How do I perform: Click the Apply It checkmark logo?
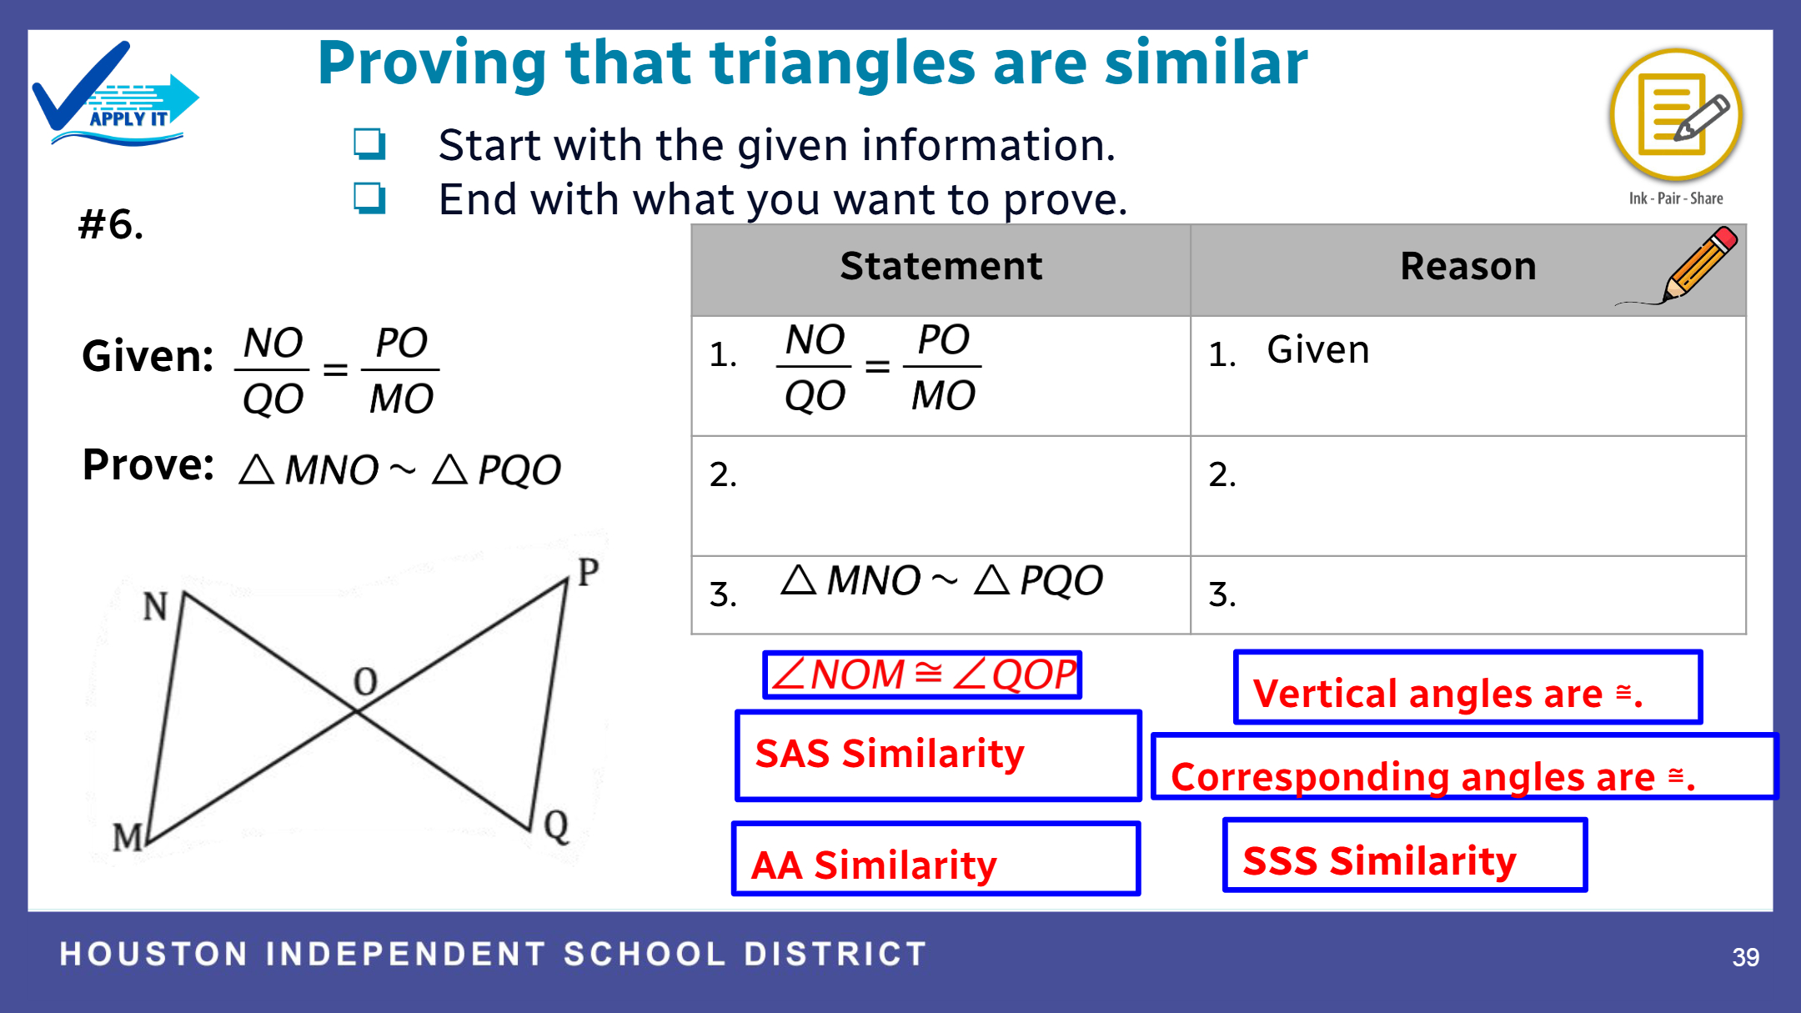pos(115,94)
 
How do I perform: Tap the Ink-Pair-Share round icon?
pos(1676,115)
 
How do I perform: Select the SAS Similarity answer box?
pos(938,755)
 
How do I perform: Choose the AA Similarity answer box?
pos(936,859)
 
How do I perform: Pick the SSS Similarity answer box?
pos(1405,855)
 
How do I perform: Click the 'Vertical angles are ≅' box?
pos(1467,687)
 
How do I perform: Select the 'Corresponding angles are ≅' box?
pos(1465,766)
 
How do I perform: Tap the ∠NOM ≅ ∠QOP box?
pos(922,674)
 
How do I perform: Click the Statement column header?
pos(941,267)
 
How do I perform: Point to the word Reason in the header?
pos(1467,267)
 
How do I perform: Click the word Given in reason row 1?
pos(1318,350)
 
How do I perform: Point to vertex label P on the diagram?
pos(588,572)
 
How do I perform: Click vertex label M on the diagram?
pos(128,837)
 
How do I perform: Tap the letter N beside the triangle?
pos(156,606)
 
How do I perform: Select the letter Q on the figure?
pos(556,826)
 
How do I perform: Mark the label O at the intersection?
pos(365,681)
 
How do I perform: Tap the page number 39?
pos(1745,957)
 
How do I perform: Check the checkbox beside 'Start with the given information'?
pos(369,143)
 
